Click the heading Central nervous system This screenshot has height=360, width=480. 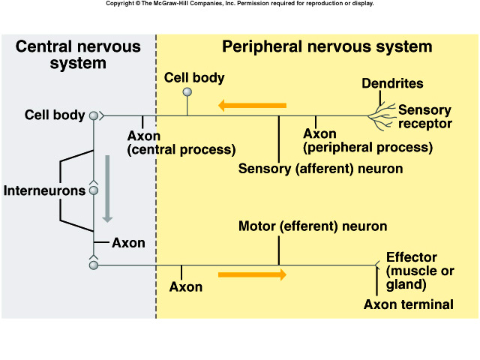[78, 55]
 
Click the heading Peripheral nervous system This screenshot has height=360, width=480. [327, 46]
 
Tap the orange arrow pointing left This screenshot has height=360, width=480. [252, 106]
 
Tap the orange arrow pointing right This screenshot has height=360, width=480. [252, 274]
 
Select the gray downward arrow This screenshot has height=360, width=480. [107, 188]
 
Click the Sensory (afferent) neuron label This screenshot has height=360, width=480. [320, 169]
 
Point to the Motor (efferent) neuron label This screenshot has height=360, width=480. [313, 226]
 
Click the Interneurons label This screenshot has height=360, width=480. [44, 190]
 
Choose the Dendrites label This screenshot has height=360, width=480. [392, 83]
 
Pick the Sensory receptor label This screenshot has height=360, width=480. [424, 117]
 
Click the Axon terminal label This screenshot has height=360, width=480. [409, 304]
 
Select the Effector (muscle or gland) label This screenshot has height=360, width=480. [420, 271]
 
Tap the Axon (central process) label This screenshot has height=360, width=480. [181, 142]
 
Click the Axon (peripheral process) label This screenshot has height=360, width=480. [367, 140]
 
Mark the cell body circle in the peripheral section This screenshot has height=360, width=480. [187, 92]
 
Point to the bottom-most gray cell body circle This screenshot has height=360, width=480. [94, 265]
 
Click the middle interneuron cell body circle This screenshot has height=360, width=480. [94, 190]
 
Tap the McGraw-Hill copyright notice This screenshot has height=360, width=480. [239, 4]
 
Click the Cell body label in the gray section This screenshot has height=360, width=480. [53, 115]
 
